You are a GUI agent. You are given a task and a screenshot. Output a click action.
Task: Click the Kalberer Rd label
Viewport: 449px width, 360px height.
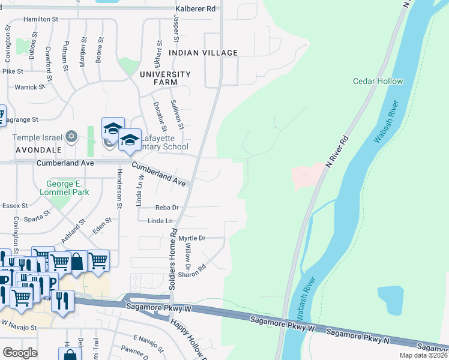click(195, 9)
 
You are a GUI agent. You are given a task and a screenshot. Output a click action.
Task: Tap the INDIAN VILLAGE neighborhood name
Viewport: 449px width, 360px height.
click(203, 53)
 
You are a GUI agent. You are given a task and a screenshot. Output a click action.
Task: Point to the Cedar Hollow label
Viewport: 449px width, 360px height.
click(378, 81)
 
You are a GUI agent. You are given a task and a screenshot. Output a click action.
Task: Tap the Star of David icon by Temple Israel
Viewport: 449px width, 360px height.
click(72, 137)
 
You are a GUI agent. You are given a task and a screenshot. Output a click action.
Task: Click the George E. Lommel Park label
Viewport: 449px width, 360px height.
click(68, 188)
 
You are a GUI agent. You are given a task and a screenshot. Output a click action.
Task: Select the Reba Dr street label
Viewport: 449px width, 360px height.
click(167, 208)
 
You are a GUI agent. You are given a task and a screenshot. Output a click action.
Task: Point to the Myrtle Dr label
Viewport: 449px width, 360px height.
click(191, 238)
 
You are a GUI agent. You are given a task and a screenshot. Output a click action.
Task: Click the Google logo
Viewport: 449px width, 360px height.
click(20, 353)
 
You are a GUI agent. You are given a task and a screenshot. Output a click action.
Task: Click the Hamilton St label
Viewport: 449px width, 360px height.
click(40, 19)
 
